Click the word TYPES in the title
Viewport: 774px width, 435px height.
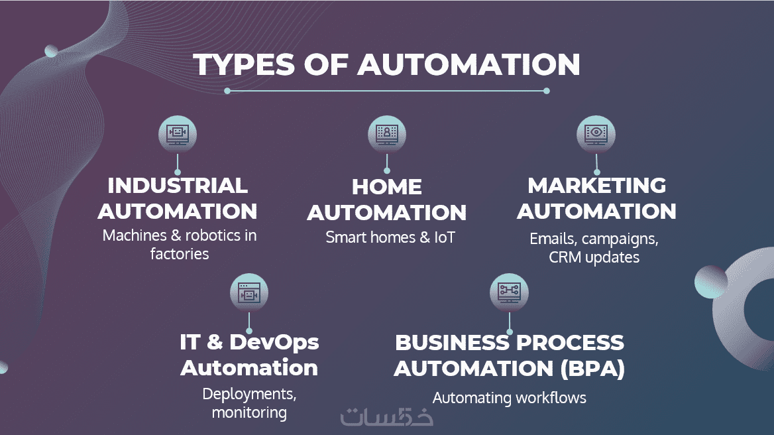coord(244,65)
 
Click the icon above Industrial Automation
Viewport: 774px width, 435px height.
coord(178,135)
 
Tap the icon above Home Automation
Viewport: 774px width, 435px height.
coord(387,135)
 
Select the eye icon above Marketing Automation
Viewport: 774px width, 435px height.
coord(596,135)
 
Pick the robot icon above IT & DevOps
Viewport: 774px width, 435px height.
coord(249,292)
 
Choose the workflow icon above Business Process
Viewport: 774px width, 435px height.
coord(509,292)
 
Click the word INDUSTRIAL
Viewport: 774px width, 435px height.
coord(178,186)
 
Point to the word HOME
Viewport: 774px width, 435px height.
coord(387,187)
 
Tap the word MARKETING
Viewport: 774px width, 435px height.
coord(597,186)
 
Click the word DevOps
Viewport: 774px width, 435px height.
coord(274,342)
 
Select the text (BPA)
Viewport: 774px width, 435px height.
coord(593,369)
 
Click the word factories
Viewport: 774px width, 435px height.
coord(180,254)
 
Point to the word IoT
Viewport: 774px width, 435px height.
coord(445,237)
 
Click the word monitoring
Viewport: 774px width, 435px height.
coord(249,412)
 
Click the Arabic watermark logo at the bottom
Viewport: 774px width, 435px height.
coord(386,417)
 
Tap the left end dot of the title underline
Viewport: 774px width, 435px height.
coord(227,91)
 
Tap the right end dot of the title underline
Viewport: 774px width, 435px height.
coord(547,91)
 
